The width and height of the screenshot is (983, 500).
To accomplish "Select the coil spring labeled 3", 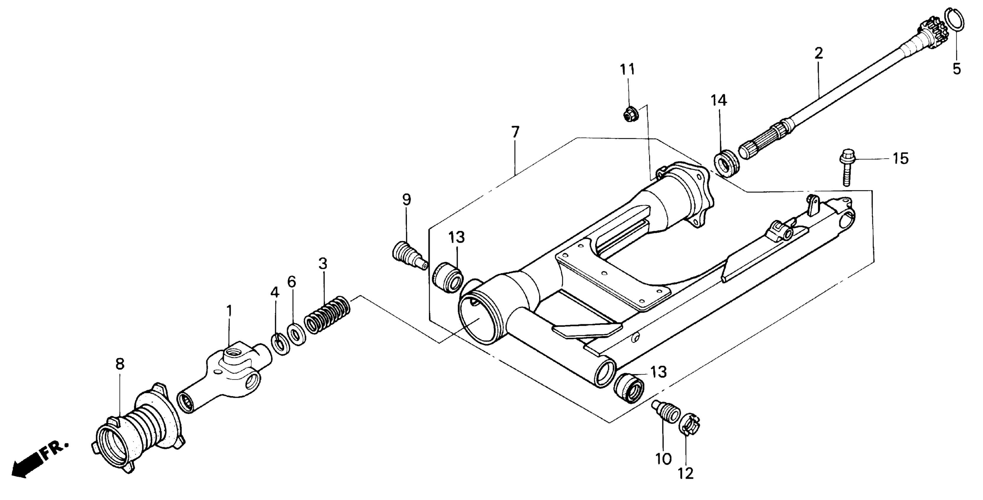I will [327, 315].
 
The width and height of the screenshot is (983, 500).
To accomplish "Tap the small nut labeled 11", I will [628, 114].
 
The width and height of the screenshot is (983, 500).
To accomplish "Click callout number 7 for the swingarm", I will [515, 133].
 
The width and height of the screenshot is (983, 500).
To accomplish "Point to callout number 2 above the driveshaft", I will [819, 54].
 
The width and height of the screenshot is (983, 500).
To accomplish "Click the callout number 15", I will [901, 158].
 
